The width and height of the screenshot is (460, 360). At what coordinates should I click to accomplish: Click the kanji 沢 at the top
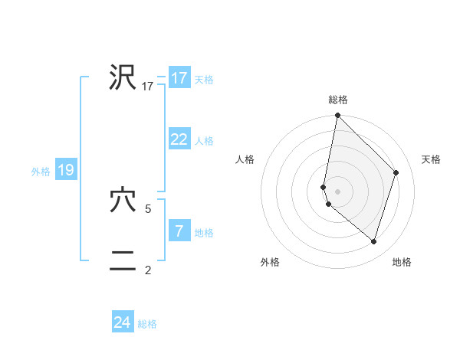point(123,78)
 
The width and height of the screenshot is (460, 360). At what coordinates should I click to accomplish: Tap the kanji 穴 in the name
point(123,201)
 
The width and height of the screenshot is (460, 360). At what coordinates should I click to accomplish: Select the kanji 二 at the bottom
point(123,262)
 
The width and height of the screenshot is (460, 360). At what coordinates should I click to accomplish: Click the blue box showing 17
point(179,78)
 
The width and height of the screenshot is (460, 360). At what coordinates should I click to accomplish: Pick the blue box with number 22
point(179,139)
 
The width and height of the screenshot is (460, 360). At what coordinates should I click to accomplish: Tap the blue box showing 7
point(179,231)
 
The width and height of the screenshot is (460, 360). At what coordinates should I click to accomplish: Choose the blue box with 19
point(65,170)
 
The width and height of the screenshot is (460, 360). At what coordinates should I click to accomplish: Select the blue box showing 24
point(123,322)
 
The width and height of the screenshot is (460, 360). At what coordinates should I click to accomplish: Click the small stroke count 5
point(148,208)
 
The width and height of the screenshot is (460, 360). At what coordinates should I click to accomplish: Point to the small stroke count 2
point(148,270)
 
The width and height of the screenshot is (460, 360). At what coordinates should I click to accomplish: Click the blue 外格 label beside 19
point(41,172)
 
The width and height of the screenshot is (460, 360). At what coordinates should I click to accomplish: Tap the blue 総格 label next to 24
point(147,324)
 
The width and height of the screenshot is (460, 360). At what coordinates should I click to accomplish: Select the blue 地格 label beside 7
point(204,233)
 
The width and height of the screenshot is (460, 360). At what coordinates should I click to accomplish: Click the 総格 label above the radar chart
point(338,100)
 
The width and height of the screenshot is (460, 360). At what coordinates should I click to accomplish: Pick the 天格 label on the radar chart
point(431,159)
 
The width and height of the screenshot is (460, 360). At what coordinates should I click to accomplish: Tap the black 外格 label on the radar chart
point(270,263)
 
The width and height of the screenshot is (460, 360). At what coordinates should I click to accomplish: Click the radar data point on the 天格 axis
point(396,172)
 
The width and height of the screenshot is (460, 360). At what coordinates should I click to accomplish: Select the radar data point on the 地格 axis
point(373,241)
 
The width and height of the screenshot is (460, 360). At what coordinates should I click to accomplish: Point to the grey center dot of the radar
point(338,191)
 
